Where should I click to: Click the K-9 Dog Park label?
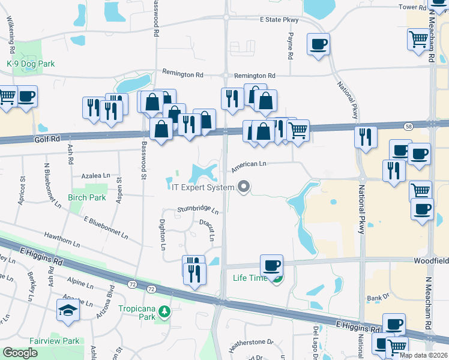31,64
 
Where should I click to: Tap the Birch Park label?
88,197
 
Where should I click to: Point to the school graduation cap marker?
66,311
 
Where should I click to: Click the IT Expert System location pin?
243,187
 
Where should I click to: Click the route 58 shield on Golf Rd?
409,126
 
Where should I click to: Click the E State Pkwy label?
279,20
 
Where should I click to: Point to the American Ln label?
249,163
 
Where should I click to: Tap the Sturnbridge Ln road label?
198,210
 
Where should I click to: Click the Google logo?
20,353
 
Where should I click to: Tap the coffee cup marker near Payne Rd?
318,44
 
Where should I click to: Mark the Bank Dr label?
378,298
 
